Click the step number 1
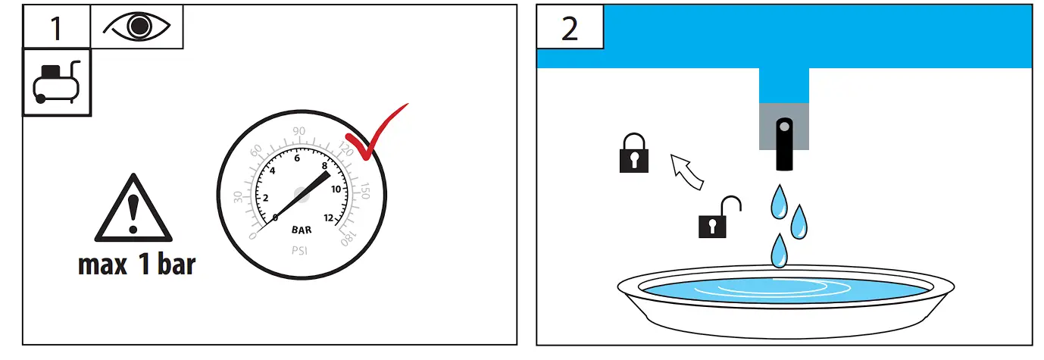[55, 27]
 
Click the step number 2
[570, 28]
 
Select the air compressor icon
[56, 83]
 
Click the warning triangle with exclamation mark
[133, 209]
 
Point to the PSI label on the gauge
[302, 249]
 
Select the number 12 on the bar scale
[329, 218]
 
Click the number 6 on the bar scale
[297, 158]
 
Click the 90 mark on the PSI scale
[299, 131]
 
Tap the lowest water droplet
[778, 250]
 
